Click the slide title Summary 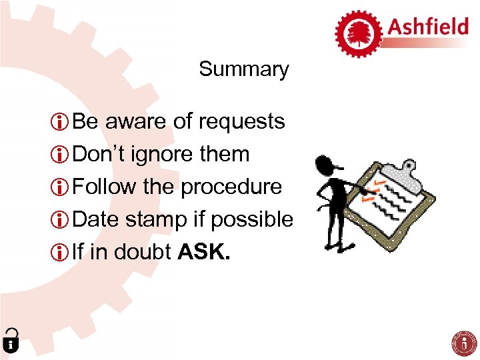click(x=243, y=69)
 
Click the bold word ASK click(x=204, y=251)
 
